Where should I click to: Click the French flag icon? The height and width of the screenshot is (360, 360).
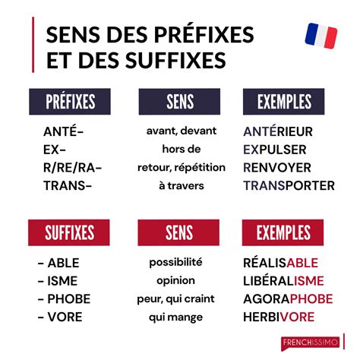click(x=321, y=36)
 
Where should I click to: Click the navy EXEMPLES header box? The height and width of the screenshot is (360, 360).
click(x=283, y=102)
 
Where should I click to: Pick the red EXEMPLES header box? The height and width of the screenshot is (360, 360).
click(x=283, y=232)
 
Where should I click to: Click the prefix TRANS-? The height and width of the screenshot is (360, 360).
click(x=68, y=185)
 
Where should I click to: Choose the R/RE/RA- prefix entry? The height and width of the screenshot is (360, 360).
click(x=73, y=167)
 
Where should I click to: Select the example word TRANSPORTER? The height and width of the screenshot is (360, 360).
click(x=289, y=185)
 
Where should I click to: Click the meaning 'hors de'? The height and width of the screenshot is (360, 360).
click(x=181, y=149)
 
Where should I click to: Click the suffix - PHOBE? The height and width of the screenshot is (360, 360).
click(x=64, y=298)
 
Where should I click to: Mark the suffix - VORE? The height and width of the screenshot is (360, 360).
click(x=60, y=316)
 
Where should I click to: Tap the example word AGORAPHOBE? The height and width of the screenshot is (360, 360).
click(x=289, y=298)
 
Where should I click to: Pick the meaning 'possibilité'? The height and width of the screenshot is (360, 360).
click(x=175, y=262)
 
